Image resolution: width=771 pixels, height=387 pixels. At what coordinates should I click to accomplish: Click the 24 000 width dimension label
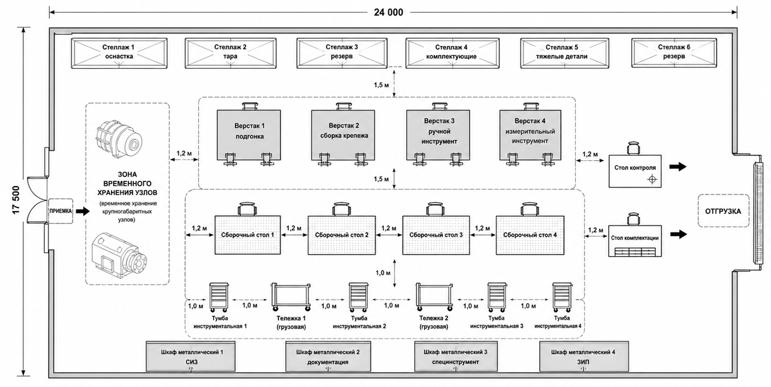[388, 13]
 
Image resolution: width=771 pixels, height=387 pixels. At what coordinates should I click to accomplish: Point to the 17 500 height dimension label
[16, 200]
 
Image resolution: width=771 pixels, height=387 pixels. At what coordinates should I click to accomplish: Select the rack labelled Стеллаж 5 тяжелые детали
[564, 53]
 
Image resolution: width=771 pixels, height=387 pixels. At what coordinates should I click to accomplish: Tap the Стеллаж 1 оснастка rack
[119, 53]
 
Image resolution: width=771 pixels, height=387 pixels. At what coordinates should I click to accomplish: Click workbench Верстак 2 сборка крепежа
[343, 135]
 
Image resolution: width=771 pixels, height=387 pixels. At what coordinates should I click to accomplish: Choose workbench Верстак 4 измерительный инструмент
[530, 135]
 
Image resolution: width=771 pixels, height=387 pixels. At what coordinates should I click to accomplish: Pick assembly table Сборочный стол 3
[436, 235]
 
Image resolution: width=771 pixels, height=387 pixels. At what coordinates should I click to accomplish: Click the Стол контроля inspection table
[635, 171]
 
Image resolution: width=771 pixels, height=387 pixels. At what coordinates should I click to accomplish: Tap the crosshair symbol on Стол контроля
[652, 179]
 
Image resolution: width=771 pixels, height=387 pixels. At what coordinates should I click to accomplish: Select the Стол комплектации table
[635, 241]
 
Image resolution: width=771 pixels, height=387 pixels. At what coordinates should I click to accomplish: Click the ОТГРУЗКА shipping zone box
[724, 211]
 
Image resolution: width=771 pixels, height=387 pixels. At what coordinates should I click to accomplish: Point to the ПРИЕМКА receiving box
[61, 211]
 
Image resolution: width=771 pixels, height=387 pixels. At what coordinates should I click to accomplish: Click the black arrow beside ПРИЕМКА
[83, 211]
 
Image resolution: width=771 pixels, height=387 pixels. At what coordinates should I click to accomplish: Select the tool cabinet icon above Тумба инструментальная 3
[497, 297]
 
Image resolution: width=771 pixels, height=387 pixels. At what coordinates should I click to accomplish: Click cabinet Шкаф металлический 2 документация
[328, 356]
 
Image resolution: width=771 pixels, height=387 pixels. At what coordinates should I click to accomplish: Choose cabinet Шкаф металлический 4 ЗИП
[583, 356]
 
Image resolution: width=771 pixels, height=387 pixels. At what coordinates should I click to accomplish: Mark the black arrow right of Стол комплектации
[678, 234]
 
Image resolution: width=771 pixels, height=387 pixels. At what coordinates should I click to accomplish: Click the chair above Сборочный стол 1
[247, 209]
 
